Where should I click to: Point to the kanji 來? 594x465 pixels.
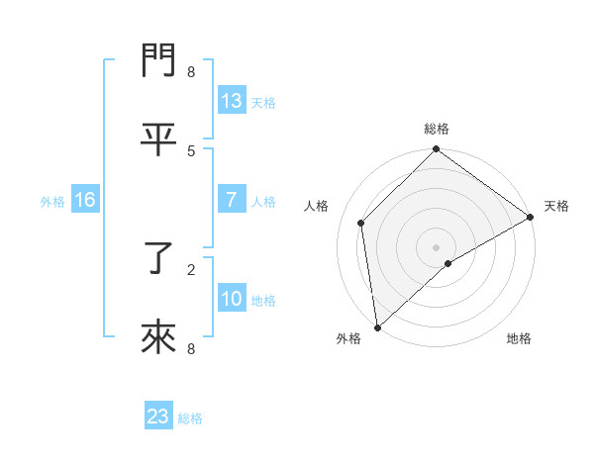(158, 339)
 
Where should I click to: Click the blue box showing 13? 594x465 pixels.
(232, 101)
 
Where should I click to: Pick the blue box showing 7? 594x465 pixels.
(232, 200)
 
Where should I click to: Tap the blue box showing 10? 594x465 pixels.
(232, 299)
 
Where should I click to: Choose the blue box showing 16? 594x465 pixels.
(85, 200)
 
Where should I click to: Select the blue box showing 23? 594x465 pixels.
(158, 417)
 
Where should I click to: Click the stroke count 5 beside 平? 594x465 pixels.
(191, 150)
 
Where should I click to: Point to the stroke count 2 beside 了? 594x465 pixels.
(191, 268)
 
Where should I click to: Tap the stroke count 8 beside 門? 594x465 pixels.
(191, 71)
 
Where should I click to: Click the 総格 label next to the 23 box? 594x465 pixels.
(190, 418)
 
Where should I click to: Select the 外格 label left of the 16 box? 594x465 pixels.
(52, 202)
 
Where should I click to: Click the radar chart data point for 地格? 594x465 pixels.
(448, 263)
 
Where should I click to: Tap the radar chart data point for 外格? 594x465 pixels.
(377, 326)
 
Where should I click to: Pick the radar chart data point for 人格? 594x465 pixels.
(361, 223)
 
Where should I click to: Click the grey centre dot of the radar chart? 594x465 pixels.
(436, 246)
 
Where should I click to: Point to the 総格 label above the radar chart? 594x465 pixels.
(436, 129)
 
